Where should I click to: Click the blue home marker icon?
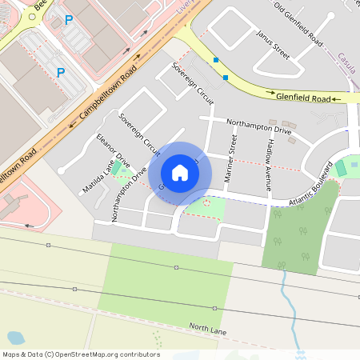click(x=180, y=173)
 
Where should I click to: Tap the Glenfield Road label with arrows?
click(x=303, y=98)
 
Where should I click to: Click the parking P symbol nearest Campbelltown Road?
click(x=60, y=73)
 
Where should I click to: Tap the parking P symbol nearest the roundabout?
click(x=68, y=20)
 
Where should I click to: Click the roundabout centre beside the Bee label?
click(x=32, y=15)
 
